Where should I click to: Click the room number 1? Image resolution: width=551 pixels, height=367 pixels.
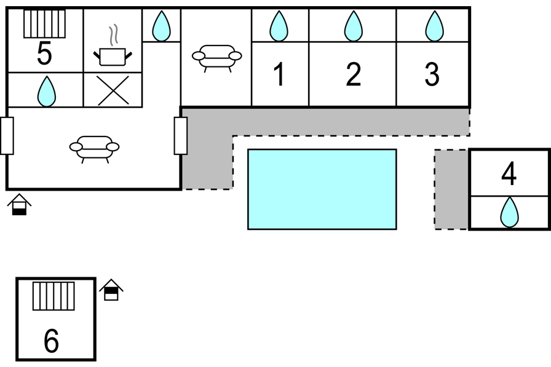(279, 74)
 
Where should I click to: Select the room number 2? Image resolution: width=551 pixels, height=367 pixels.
(353, 74)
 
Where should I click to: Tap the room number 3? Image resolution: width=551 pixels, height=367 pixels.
(432, 74)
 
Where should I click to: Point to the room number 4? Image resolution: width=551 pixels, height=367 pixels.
(509, 173)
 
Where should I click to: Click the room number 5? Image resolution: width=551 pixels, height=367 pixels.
(44, 53)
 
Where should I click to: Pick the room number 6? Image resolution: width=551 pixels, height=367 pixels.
(51, 341)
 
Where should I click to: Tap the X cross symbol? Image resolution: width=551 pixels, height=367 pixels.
(113, 90)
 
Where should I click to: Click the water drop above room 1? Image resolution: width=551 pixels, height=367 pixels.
(279, 26)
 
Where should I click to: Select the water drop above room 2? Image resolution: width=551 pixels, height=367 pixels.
(353, 26)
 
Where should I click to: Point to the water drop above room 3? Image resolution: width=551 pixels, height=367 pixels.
(434, 26)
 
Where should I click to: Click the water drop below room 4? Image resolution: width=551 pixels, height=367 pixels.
(509, 212)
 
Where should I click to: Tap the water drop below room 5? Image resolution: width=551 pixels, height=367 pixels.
(46, 92)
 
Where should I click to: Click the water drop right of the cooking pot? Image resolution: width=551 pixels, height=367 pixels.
(161, 26)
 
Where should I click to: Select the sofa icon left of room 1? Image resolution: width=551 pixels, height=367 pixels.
(217, 58)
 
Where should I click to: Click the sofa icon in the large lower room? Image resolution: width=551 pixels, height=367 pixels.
(94, 149)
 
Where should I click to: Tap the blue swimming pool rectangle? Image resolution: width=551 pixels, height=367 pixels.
(322, 189)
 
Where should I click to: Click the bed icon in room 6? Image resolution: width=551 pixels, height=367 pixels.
(54, 296)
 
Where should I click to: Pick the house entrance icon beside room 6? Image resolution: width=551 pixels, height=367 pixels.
(111, 290)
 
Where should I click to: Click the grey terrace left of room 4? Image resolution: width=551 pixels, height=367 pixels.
(451, 189)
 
